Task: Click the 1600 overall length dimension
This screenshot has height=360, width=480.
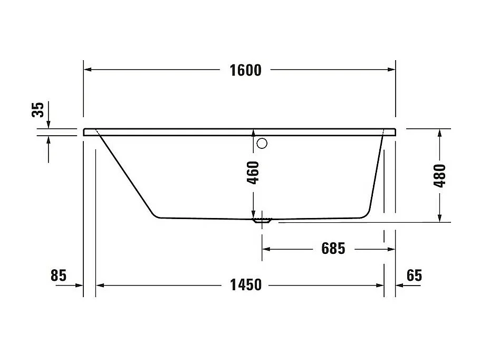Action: coord(245,70)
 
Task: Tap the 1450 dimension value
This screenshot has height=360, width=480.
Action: coord(245,285)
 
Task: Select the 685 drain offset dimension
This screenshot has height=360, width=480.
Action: coord(333,248)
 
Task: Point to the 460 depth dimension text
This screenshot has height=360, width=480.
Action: coord(253,173)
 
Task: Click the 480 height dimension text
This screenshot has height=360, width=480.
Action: coord(440,176)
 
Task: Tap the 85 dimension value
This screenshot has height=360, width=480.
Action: coord(58,276)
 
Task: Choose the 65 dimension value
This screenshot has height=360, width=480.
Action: coord(415,276)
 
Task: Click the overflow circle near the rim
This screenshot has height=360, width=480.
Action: coord(262,143)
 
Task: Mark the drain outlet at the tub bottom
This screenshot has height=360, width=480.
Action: coord(262,220)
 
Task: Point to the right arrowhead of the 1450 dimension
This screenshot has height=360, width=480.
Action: coord(380,285)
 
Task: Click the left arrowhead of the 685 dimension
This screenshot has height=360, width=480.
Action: coord(267,248)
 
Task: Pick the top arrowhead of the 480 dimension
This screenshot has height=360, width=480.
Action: coord(439,132)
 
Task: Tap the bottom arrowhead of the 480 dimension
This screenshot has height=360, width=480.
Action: coord(439,218)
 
